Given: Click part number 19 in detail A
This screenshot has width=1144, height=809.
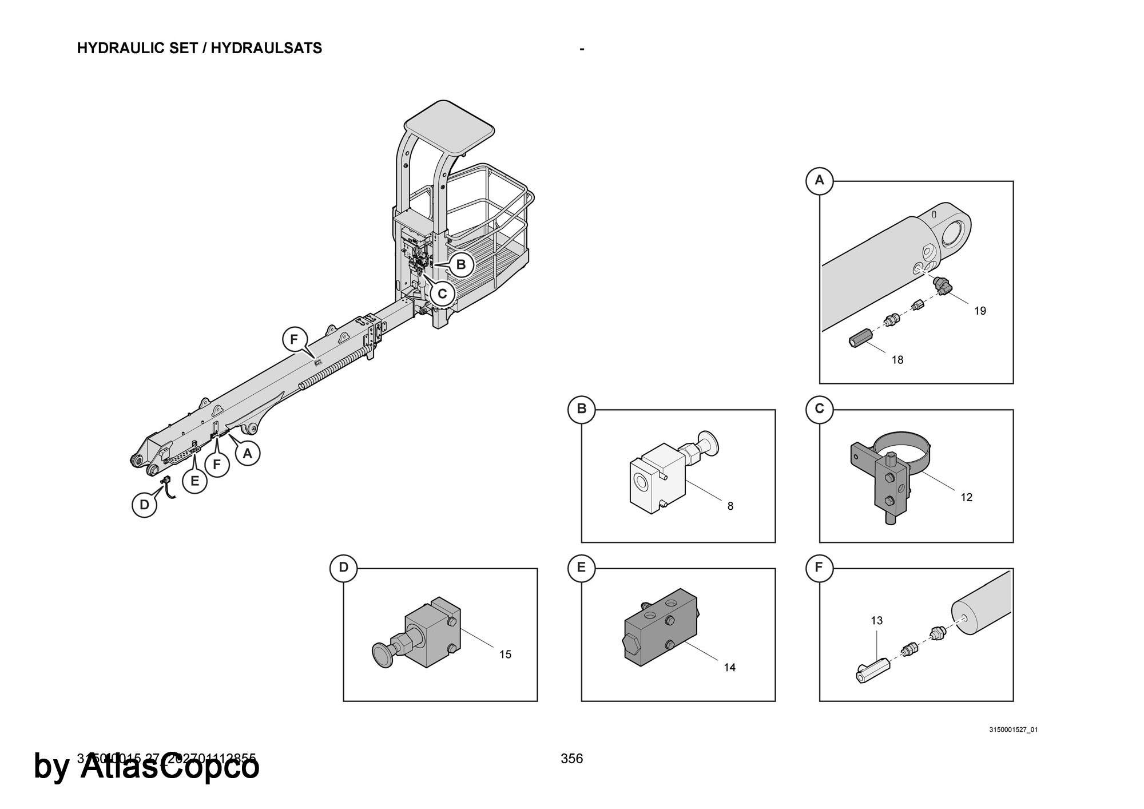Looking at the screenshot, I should pyautogui.click(x=980, y=311).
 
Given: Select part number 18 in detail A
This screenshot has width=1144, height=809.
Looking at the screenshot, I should pyautogui.click(x=897, y=360).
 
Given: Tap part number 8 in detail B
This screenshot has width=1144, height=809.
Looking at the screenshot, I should pyautogui.click(x=730, y=506).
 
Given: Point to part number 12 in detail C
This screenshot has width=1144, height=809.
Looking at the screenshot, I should pyautogui.click(x=966, y=497).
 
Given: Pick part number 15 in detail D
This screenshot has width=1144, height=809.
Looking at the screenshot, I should pyautogui.click(x=505, y=655).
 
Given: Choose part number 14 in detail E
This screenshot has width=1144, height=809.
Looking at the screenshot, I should pyautogui.click(x=729, y=667).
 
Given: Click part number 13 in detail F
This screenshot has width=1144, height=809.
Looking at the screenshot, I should pyautogui.click(x=876, y=620).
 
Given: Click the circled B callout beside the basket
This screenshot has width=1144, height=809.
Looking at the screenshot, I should pyautogui.click(x=461, y=265).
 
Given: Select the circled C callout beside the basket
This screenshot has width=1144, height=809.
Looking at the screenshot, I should pyautogui.click(x=442, y=294).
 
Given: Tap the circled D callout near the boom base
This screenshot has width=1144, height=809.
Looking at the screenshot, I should pyautogui.click(x=144, y=505).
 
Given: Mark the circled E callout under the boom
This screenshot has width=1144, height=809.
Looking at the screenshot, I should pyautogui.click(x=194, y=481).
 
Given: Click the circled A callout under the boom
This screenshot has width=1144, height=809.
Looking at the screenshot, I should pyautogui.click(x=247, y=453).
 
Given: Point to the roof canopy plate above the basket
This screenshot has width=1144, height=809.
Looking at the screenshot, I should pyautogui.click(x=449, y=126).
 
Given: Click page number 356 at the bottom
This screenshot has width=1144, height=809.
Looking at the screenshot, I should pyautogui.click(x=571, y=759).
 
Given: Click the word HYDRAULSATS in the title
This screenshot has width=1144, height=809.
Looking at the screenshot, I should pyautogui.click(x=266, y=48).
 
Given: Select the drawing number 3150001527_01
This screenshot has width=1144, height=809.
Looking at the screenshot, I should pyautogui.click(x=1013, y=729).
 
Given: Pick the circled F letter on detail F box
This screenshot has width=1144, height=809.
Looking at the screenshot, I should pyautogui.click(x=819, y=568).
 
